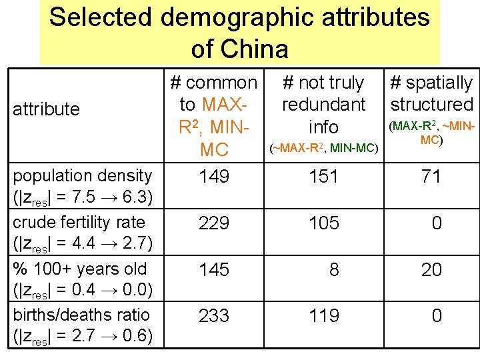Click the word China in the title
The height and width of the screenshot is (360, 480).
click(256, 49)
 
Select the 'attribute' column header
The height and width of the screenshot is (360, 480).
click(46, 109)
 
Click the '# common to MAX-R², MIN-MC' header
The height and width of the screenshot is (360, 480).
click(214, 115)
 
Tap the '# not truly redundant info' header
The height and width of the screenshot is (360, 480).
click(323, 105)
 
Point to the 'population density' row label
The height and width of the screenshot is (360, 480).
click(83, 176)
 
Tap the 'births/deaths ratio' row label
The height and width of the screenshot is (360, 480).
click(81, 315)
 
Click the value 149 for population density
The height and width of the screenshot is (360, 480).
click(214, 177)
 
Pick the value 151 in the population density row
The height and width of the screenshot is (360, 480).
click(323, 177)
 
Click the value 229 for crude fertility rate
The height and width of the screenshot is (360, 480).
click(214, 223)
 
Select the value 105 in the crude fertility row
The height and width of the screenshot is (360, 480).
click(323, 223)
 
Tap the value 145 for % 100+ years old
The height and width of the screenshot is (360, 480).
click(214, 269)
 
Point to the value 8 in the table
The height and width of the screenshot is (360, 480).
click(334, 269)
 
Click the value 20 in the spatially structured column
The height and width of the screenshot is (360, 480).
click(431, 269)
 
